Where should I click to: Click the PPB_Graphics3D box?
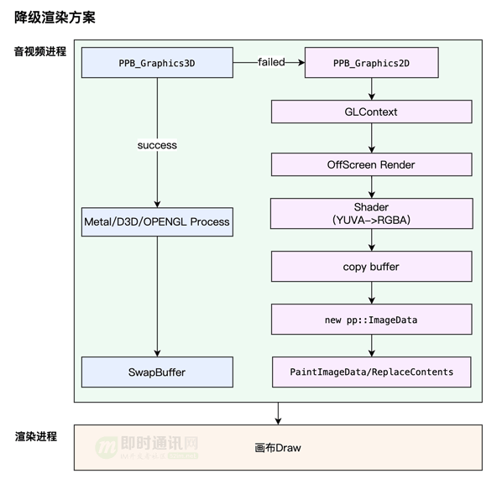tap(157, 63)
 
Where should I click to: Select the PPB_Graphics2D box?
tap(371, 63)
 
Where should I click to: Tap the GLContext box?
tap(371, 112)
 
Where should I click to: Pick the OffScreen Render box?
tap(371, 164)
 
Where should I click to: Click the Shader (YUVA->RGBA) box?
tap(371, 213)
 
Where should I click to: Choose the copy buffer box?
tap(371, 267)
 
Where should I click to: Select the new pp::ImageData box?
tap(371, 320)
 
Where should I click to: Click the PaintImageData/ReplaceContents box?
tap(371, 372)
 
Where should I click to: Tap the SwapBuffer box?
tap(157, 372)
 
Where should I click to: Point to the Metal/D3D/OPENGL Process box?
tap(157, 222)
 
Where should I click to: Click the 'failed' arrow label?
tap(271, 62)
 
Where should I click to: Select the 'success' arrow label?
tap(157, 145)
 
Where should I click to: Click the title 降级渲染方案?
tap(55, 18)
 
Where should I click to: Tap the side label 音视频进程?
tap(40, 51)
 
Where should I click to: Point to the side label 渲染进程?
tap(36, 436)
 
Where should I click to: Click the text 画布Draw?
tap(278, 448)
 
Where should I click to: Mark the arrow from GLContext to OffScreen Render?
tap(371, 138)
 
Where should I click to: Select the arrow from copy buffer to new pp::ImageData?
tap(371, 293)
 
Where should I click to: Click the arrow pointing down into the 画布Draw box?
tap(278, 414)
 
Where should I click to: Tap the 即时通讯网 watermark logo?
tap(147, 448)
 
